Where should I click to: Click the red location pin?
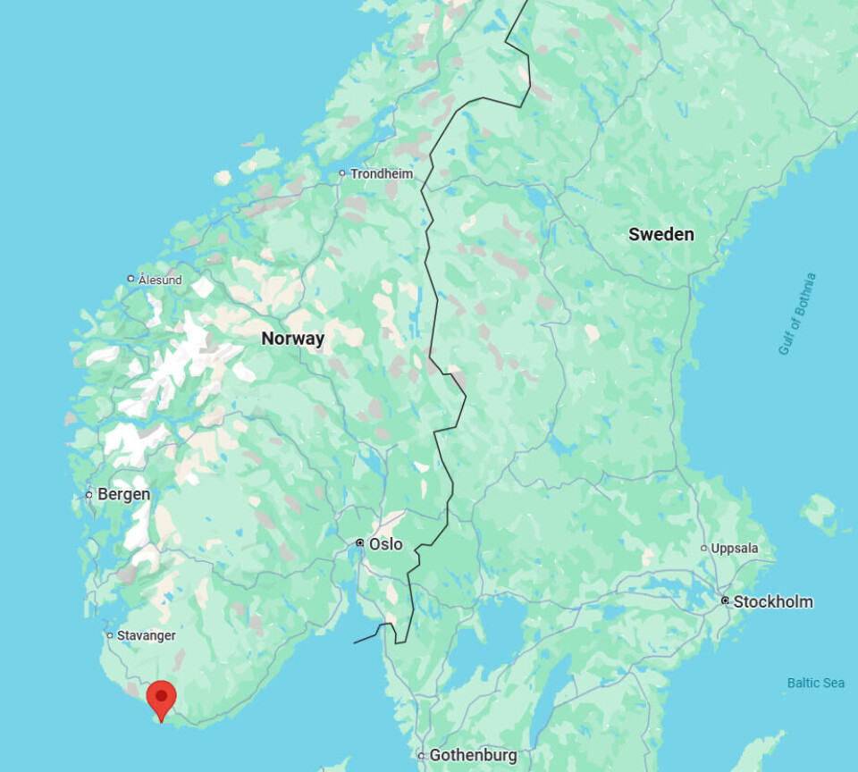[161, 697]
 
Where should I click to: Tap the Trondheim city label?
[382, 173]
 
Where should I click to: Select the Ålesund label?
[160, 280]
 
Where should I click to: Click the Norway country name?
[292, 339]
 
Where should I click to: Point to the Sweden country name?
[660, 234]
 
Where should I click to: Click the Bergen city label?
[123, 494]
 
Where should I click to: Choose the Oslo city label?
[385, 543]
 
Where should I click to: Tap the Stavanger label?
[147, 635]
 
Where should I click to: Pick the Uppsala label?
[734, 548]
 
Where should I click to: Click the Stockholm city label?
[773, 601]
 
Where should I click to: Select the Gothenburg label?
[473, 755]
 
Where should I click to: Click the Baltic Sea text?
[815, 683]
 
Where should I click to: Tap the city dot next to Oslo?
[359, 543]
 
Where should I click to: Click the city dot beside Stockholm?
[725, 601]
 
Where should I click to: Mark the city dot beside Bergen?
[88, 494]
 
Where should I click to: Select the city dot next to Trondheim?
[341, 173]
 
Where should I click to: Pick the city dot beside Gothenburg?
[421, 756]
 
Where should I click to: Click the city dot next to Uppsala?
[703, 548]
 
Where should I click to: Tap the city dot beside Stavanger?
[110, 635]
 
